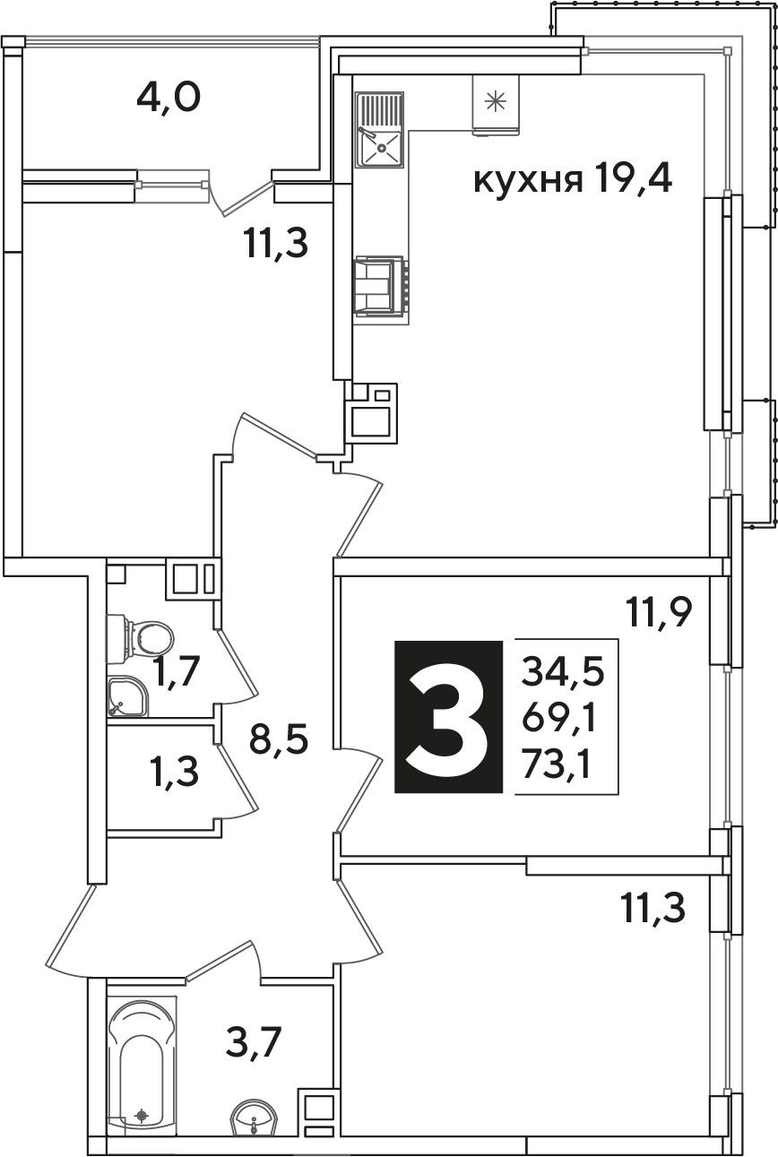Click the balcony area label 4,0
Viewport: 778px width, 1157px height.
pos(169,99)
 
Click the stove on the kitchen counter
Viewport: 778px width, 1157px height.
pos(381,286)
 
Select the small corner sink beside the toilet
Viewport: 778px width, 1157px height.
pos(127,696)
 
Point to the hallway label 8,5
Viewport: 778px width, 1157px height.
pos(279,738)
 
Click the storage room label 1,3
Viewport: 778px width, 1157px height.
pos(175,773)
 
